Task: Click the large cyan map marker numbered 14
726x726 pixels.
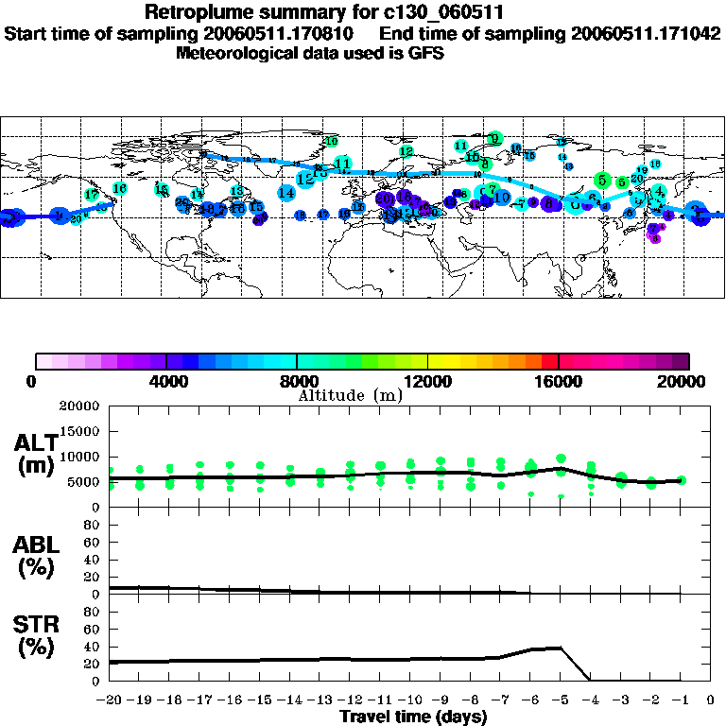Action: (x=286, y=193)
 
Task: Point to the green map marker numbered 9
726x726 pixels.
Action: (x=494, y=138)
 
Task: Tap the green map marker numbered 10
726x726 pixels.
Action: (x=332, y=142)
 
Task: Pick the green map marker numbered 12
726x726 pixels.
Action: (x=406, y=151)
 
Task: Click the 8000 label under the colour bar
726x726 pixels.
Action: (x=297, y=382)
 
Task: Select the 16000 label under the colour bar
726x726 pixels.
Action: (x=559, y=382)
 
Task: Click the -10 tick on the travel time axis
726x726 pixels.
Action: (x=409, y=700)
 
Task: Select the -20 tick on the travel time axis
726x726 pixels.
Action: (x=110, y=700)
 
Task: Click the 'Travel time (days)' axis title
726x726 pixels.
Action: (x=413, y=717)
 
